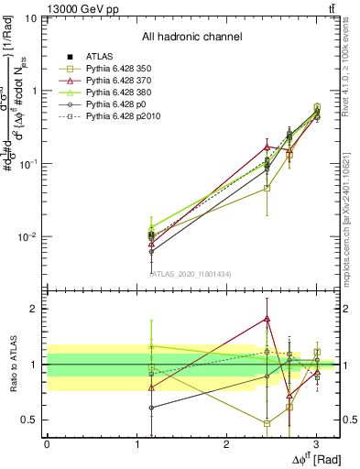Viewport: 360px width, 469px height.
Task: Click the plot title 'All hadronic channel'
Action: coord(191,37)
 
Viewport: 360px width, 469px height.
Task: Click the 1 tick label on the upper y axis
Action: coord(35,91)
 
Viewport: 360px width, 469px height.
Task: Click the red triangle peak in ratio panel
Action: coord(267,319)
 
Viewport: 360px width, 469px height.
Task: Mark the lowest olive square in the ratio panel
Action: coord(267,423)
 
